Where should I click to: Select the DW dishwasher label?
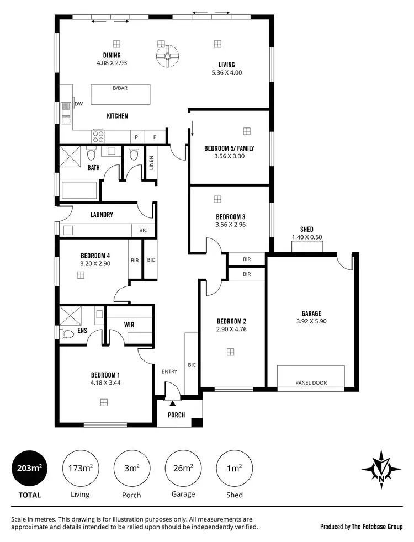pos(78,104)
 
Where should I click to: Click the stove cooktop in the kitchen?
pos(98,136)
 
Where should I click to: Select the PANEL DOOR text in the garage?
pos(311,383)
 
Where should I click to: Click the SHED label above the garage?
pos(306,229)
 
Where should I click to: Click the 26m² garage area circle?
pos(183,469)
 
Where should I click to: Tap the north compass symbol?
pos(381,470)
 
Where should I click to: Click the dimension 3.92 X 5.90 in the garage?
pos(311,321)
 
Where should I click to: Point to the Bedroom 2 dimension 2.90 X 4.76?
pos(231,330)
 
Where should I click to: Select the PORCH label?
pos(176,415)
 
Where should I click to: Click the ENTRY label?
pos(169,371)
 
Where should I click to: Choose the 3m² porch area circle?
pos(131,469)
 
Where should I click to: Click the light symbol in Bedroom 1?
pos(103,403)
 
